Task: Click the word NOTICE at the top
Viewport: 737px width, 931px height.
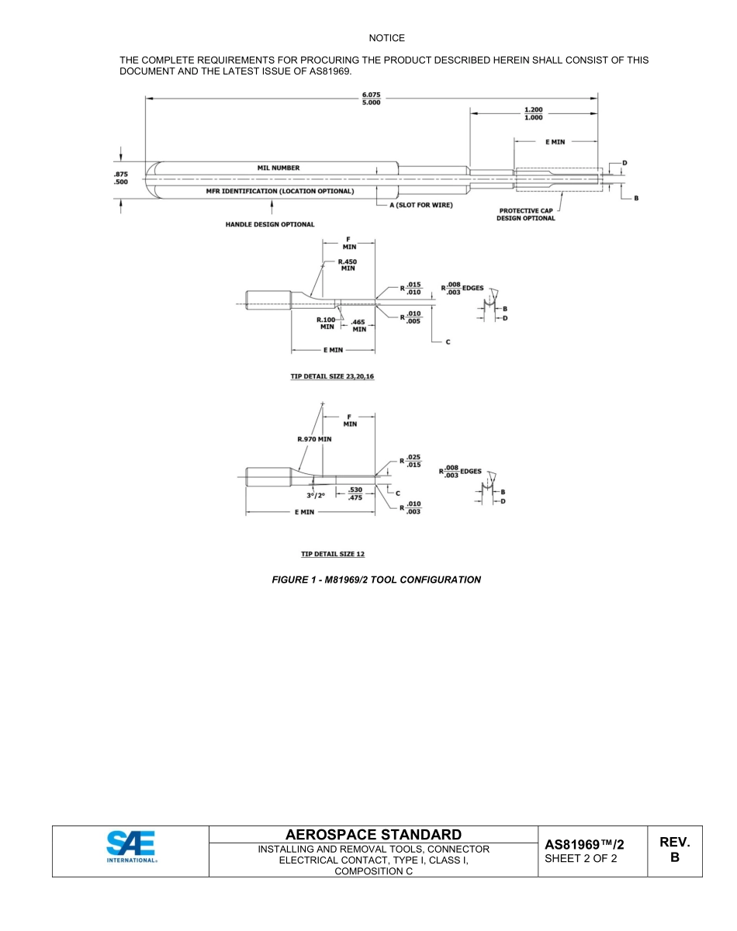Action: click(386, 38)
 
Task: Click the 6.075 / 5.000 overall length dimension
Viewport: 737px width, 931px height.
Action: click(372, 100)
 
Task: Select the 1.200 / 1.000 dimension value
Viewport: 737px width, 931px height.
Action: click(534, 113)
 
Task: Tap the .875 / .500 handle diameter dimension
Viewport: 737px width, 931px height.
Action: click(121, 178)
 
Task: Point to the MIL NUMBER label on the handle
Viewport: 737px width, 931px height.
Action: click(278, 168)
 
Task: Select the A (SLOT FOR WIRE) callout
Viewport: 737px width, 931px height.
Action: click(420, 205)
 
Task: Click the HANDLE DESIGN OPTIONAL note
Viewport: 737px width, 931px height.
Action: click(269, 224)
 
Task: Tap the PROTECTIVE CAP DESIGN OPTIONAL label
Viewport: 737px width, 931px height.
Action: click(526, 214)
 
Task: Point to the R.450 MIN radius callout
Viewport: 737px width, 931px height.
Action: click(346, 265)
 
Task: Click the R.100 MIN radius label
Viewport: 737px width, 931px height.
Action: click(326, 323)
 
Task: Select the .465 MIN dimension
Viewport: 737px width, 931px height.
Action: click(358, 325)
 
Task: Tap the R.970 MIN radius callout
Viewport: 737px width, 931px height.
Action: click(314, 439)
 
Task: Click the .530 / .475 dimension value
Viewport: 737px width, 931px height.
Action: click(355, 493)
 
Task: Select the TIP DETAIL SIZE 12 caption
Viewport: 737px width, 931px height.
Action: click(332, 554)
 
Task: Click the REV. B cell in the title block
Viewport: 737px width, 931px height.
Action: click(674, 850)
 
